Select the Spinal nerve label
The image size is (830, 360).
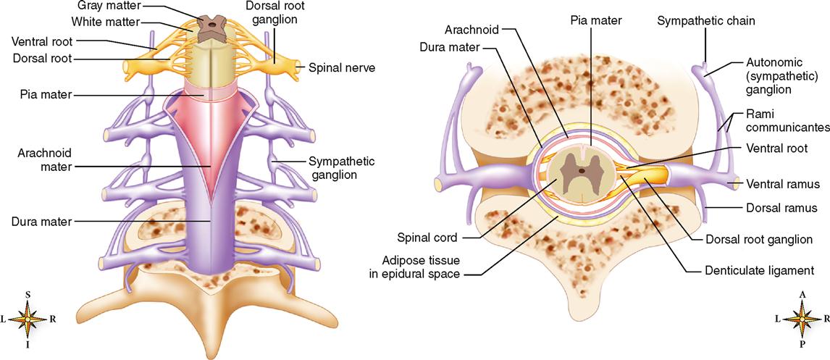click(338, 68)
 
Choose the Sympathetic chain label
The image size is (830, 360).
click(706, 21)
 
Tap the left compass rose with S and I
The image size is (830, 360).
click(27, 319)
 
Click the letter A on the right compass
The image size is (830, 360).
click(802, 295)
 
